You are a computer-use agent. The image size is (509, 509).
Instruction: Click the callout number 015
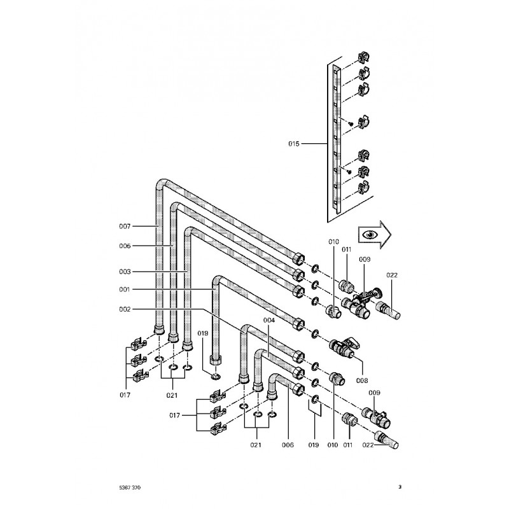coord(293,144)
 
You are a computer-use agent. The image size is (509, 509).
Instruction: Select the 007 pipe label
coord(124,226)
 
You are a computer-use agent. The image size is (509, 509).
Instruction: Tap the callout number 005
coord(124,246)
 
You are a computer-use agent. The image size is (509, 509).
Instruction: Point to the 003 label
coord(124,272)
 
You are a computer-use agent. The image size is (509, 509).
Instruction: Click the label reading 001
coord(124,289)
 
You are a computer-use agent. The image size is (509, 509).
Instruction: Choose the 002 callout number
coord(124,309)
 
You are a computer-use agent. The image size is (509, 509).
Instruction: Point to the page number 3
coord(400,487)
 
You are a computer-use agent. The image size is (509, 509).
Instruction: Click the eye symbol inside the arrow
coord(370,234)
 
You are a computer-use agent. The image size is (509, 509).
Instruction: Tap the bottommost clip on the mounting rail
coord(365,188)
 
